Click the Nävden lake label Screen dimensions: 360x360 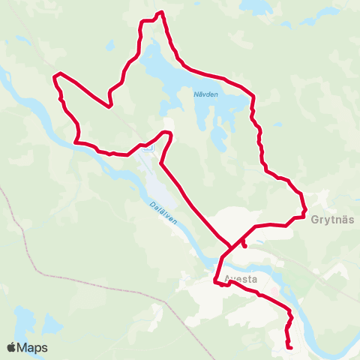click(x=205, y=94)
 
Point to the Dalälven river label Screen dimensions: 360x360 click(x=163, y=214)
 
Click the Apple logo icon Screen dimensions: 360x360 click(x=12, y=348)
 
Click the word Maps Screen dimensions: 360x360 click(x=32, y=348)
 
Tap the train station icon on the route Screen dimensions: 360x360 click(x=148, y=148)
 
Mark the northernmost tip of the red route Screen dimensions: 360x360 click(x=160, y=12)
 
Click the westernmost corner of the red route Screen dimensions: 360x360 click(x=55, y=76)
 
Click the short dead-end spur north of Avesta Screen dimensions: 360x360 click(x=244, y=244)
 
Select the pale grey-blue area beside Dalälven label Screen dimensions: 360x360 click(x=161, y=184)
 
